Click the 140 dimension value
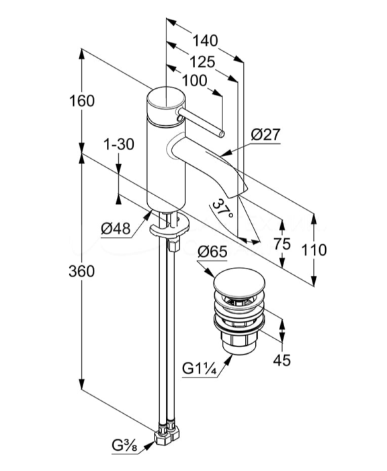pyautogui.click(x=205, y=41)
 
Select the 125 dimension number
pyautogui.click(x=202, y=62)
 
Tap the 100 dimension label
pyautogui.click(x=194, y=81)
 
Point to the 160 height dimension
pyautogui.click(x=82, y=101)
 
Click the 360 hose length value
pyautogui.click(x=81, y=272)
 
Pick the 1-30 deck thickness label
pyautogui.click(x=119, y=145)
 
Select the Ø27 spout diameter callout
pyautogui.click(x=265, y=135)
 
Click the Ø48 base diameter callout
pyautogui.click(x=116, y=229)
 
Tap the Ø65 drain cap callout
pyautogui.click(x=213, y=252)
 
